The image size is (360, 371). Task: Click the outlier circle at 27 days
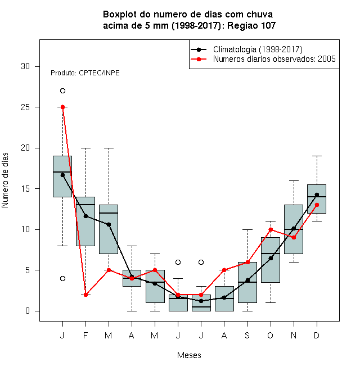pyautogui.click(x=62, y=91)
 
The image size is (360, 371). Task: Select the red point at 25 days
pyautogui.click(x=63, y=107)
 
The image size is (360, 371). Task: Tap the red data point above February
pyautogui.click(x=85, y=295)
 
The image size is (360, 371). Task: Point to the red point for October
pyautogui.click(x=271, y=229)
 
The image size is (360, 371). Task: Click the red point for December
pyautogui.click(x=317, y=205)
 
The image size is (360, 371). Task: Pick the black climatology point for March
pyautogui.click(x=109, y=224)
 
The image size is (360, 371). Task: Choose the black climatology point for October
pyautogui.click(x=271, y=258)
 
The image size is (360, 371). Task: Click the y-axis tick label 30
pyautogui.click(x=25, y=66)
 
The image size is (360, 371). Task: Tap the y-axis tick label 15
pyautogui.click(x=25, y=189)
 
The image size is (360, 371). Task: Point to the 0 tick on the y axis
pyautogui.click(x=28, y=311)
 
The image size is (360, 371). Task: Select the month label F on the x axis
pyautogui.click(x=85, y=335)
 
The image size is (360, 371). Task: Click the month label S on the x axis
pyautogui.click(x=247, y=335)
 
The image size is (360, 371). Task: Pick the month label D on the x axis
pyautogui.click(x=317, y=335)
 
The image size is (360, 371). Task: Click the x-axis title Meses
pyautogui.click(x=189, y=355)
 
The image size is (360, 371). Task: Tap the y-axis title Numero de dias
pyautogui.click(x=5, y=180)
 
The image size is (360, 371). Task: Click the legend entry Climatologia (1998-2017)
pyautogui.click(x=258, y=49)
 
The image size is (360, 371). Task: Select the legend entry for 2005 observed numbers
pyautogui.click(x=274, y=59)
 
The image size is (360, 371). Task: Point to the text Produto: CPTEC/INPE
pyautogui.click(x=85, y=73)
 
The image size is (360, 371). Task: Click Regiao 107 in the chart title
pyautogui.click(x=251, y=25)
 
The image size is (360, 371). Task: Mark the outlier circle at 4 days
pyautogui.click(x=62, y=278)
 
